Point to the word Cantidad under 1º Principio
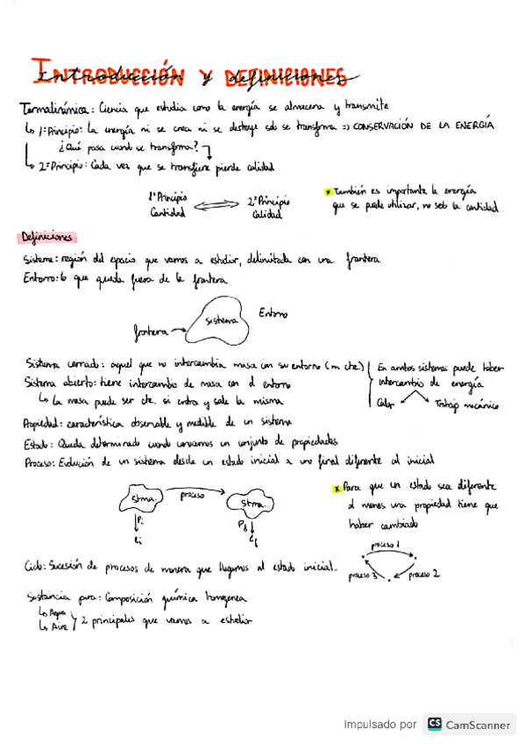(168, 213)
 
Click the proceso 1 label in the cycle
(386, 546)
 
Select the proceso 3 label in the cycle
(362, 576)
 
